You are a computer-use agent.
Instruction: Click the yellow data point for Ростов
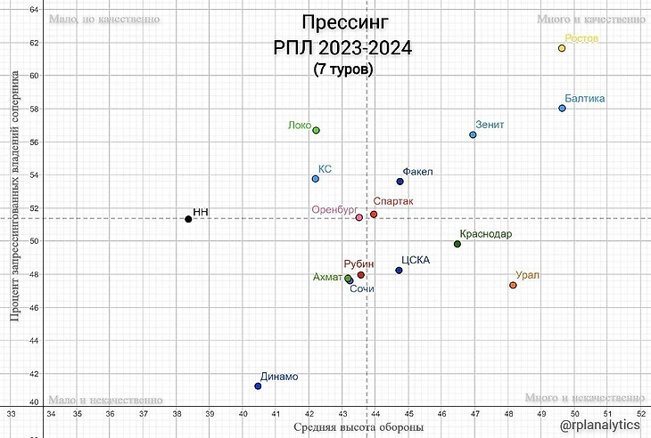562,48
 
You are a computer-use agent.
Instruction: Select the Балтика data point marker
562,109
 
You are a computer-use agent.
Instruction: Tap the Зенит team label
490,125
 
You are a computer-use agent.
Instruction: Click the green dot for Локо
316,130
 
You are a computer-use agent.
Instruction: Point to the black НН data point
188,219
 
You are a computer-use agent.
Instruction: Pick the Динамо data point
258,385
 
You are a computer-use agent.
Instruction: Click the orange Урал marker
513,285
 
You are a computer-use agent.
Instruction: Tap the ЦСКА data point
399,270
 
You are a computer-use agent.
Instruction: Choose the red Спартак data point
374,215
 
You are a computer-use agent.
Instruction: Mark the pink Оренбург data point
359,217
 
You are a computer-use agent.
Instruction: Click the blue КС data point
315,179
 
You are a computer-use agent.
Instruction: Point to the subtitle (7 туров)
343,69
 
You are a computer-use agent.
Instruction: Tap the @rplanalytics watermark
602,426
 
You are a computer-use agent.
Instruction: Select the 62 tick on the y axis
34,43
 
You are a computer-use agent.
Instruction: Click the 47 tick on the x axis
474,413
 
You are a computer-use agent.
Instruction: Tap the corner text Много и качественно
589,18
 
